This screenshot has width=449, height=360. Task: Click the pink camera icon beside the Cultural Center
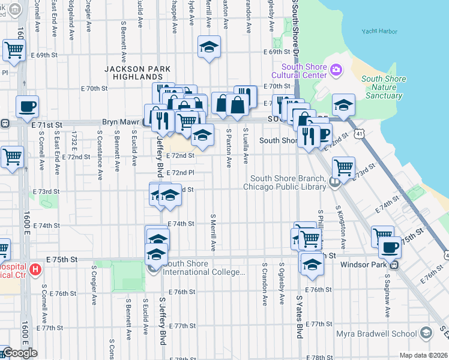click(x=336, y=70)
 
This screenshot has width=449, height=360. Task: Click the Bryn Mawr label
click(x=118, y=122)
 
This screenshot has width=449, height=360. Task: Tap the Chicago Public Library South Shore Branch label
click(x=288, y=182)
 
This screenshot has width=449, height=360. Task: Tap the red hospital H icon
click(x=35, y=270)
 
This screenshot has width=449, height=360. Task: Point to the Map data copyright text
click(x=423, y=355)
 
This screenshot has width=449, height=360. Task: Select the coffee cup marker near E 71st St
click(x=27, y=107)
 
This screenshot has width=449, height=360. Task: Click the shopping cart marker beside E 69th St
click(x=14, y=50)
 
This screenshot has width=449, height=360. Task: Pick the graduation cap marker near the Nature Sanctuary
click(x=343, y=105)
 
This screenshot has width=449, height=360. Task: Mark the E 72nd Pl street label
click(x=180, y=173)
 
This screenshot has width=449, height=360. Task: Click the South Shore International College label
click(x=204, y=268)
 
